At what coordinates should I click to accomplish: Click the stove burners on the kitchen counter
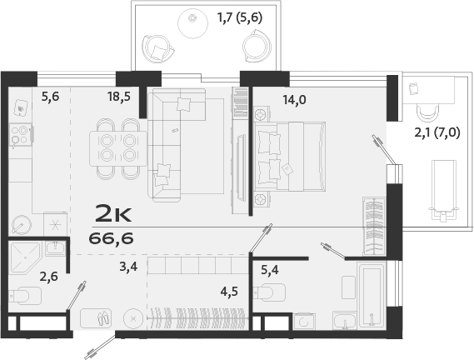point(19,133)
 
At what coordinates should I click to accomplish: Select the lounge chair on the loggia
point(444,187)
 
